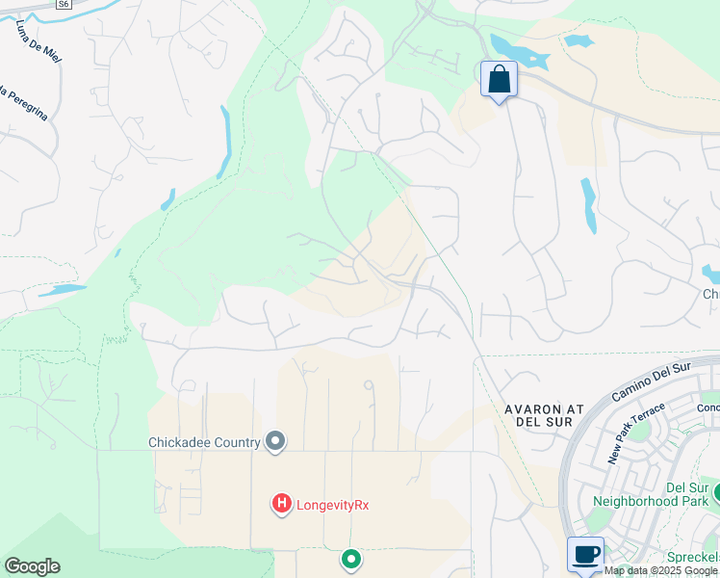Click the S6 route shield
pyautogui.click(x=63, y=5)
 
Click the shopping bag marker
pyautogui.click(x=499, y=79)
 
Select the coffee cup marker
pyautogui.click(x=585, y=554)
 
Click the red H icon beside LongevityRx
pyautogui.click(x=281, y=503)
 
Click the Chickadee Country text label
pyautogui.click(x=204, y=442)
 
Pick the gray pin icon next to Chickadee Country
pyautogui.click(x=275, y=442)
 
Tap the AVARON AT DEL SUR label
pyautogui.click(x=545, y=415)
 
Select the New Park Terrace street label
pyautogui.click(x=624, y=435)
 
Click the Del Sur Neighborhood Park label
pyautogui.click(x=650, y=494)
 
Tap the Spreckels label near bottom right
pyautogui.click(x=694, y=558)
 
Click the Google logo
pyautogui.click(x=32, y=566)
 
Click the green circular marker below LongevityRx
pyautogui.click(x=351, y=559)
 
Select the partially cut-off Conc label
pyautogui.click(x=707, y=406)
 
